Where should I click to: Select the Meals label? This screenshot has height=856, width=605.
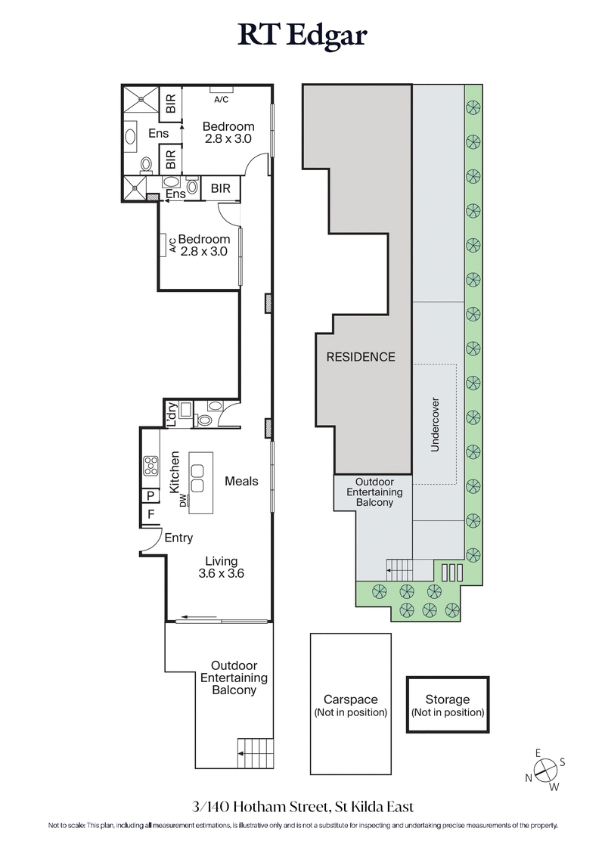point(241,481)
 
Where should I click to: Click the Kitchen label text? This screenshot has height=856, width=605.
point(175,473)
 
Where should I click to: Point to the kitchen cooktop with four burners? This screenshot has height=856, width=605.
point(150,466)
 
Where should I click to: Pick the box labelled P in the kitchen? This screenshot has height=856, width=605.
point(150,496)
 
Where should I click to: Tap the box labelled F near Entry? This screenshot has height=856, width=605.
point(150,515)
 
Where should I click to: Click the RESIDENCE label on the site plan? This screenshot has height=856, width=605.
point(361,357)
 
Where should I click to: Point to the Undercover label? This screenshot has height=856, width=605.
point(435,424)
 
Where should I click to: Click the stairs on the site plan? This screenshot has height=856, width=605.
point(401,567)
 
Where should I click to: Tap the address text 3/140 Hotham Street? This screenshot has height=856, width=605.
point(302,807)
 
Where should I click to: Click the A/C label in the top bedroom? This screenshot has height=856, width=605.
point(221,100)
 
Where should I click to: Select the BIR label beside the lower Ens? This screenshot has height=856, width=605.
point(221,188)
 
